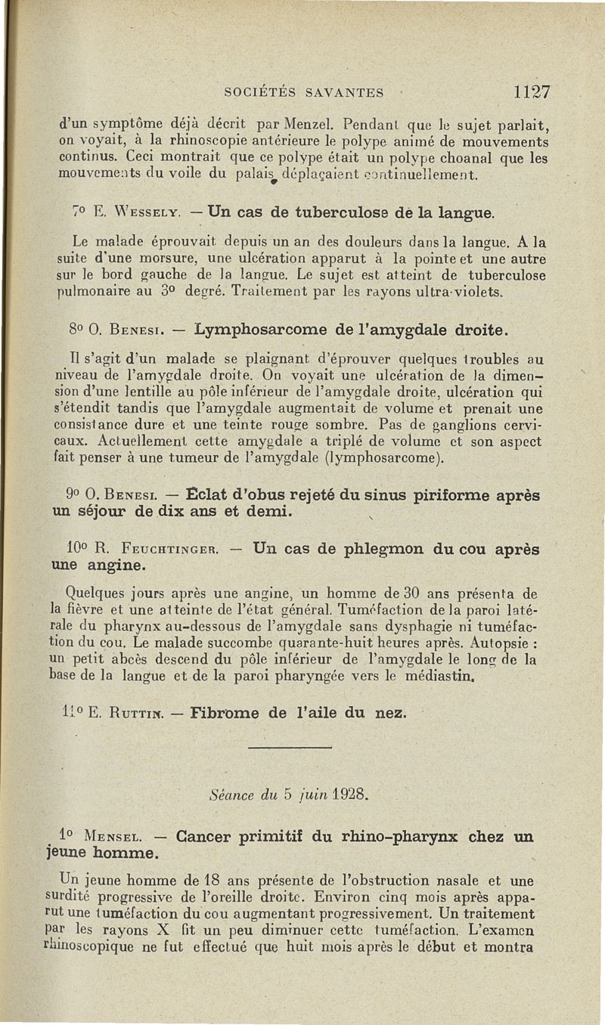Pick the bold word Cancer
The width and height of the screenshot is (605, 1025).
click(203, 837)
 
